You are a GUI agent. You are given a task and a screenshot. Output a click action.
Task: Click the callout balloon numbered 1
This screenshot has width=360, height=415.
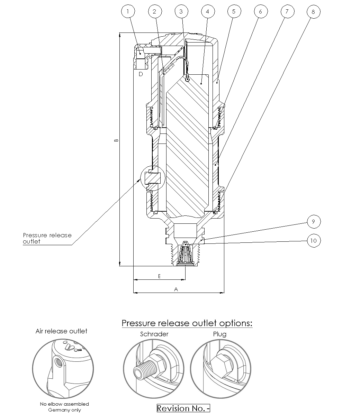click(x=128, y=11)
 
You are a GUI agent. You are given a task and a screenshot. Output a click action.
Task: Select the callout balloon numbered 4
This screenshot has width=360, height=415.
click(x=207, y=11)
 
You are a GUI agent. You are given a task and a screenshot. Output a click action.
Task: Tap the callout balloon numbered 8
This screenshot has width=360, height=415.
click(x=313, y=12)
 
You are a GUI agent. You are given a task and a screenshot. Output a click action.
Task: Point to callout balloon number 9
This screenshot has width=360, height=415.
click(x=313, y=221)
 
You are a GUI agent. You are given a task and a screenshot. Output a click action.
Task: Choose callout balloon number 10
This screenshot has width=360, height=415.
click(x=313, y=240)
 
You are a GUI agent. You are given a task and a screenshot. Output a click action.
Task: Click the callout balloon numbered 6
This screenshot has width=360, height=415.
click(x=260, y=11)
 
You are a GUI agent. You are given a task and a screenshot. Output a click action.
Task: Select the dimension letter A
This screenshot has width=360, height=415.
click(x=176, y=289)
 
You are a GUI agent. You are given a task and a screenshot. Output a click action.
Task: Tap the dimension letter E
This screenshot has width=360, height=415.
click(x=159, y=276)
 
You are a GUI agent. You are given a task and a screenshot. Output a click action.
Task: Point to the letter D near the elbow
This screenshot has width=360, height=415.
click(x=141, y=74)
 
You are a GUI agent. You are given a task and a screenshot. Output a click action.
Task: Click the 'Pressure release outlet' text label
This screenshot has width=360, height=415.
click(x=47, y=238)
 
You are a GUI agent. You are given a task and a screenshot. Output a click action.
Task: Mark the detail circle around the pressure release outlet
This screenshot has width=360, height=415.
click(x=153, y=178)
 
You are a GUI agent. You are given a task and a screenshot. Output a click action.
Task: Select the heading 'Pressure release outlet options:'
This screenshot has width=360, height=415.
click(x=187, y=323)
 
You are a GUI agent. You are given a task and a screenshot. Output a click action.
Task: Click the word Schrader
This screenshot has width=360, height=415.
click(x=154, y=334)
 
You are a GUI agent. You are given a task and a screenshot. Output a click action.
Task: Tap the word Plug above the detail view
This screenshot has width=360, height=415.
click(x=220, y=334)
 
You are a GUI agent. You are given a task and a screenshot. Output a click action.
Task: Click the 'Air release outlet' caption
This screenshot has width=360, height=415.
click(x=61, y=331)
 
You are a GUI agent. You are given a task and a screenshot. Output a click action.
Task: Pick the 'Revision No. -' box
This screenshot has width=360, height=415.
click(x=183, y=408)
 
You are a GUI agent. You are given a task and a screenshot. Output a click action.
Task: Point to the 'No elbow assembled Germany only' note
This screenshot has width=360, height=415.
click(x=64, y=407)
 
